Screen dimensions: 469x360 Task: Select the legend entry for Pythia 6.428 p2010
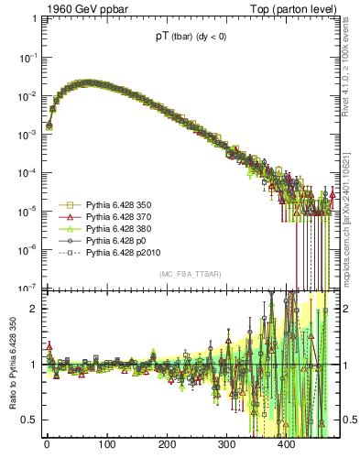117,251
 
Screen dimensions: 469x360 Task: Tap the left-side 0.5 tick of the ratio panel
29,420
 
